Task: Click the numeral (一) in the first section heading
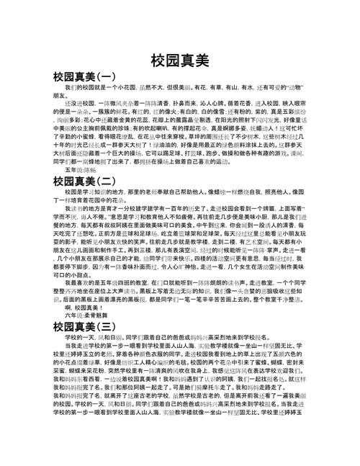(x=104, y=76)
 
